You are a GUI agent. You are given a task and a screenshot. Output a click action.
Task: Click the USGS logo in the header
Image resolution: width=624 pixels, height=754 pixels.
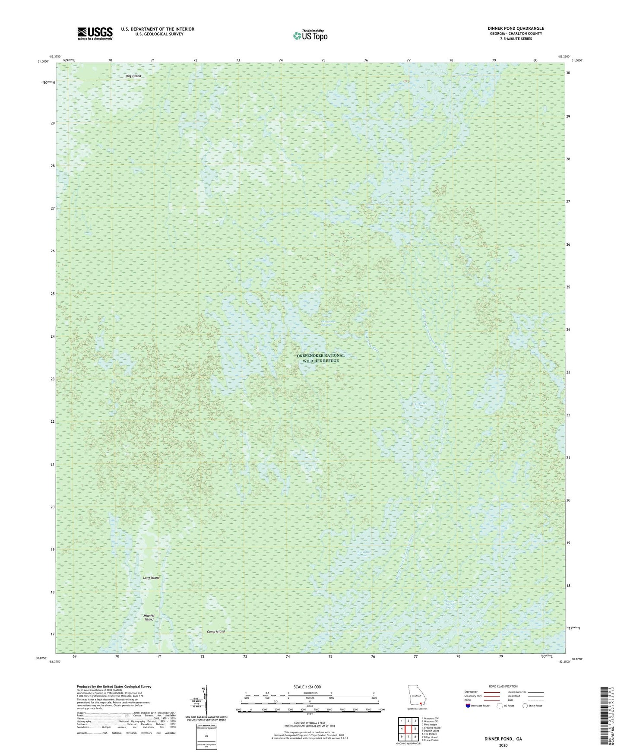pyautogui.click(x=95, y=33)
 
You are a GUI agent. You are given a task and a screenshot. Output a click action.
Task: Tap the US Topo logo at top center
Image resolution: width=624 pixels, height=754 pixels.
pyautogui.click(x=310, y=35)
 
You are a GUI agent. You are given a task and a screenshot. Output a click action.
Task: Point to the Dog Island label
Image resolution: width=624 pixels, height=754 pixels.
pyautogui.click(x=133, y=76)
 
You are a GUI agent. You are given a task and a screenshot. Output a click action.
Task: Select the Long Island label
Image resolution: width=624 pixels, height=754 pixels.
pyautogui.click(x=151, y=577)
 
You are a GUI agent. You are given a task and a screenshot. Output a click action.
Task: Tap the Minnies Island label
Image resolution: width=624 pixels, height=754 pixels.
pyautogui.click(x=149, y=617)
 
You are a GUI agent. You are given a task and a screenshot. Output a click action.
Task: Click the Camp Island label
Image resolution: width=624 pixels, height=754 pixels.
pyautogui.click(x=215, y=631)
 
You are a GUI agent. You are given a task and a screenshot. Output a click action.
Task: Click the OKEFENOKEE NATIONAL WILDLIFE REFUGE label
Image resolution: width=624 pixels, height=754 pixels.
pyautogui.click(x=320, y=358)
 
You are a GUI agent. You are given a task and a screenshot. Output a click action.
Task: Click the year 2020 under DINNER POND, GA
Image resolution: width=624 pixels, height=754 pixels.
pyautogui.click(x=503, y=745)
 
